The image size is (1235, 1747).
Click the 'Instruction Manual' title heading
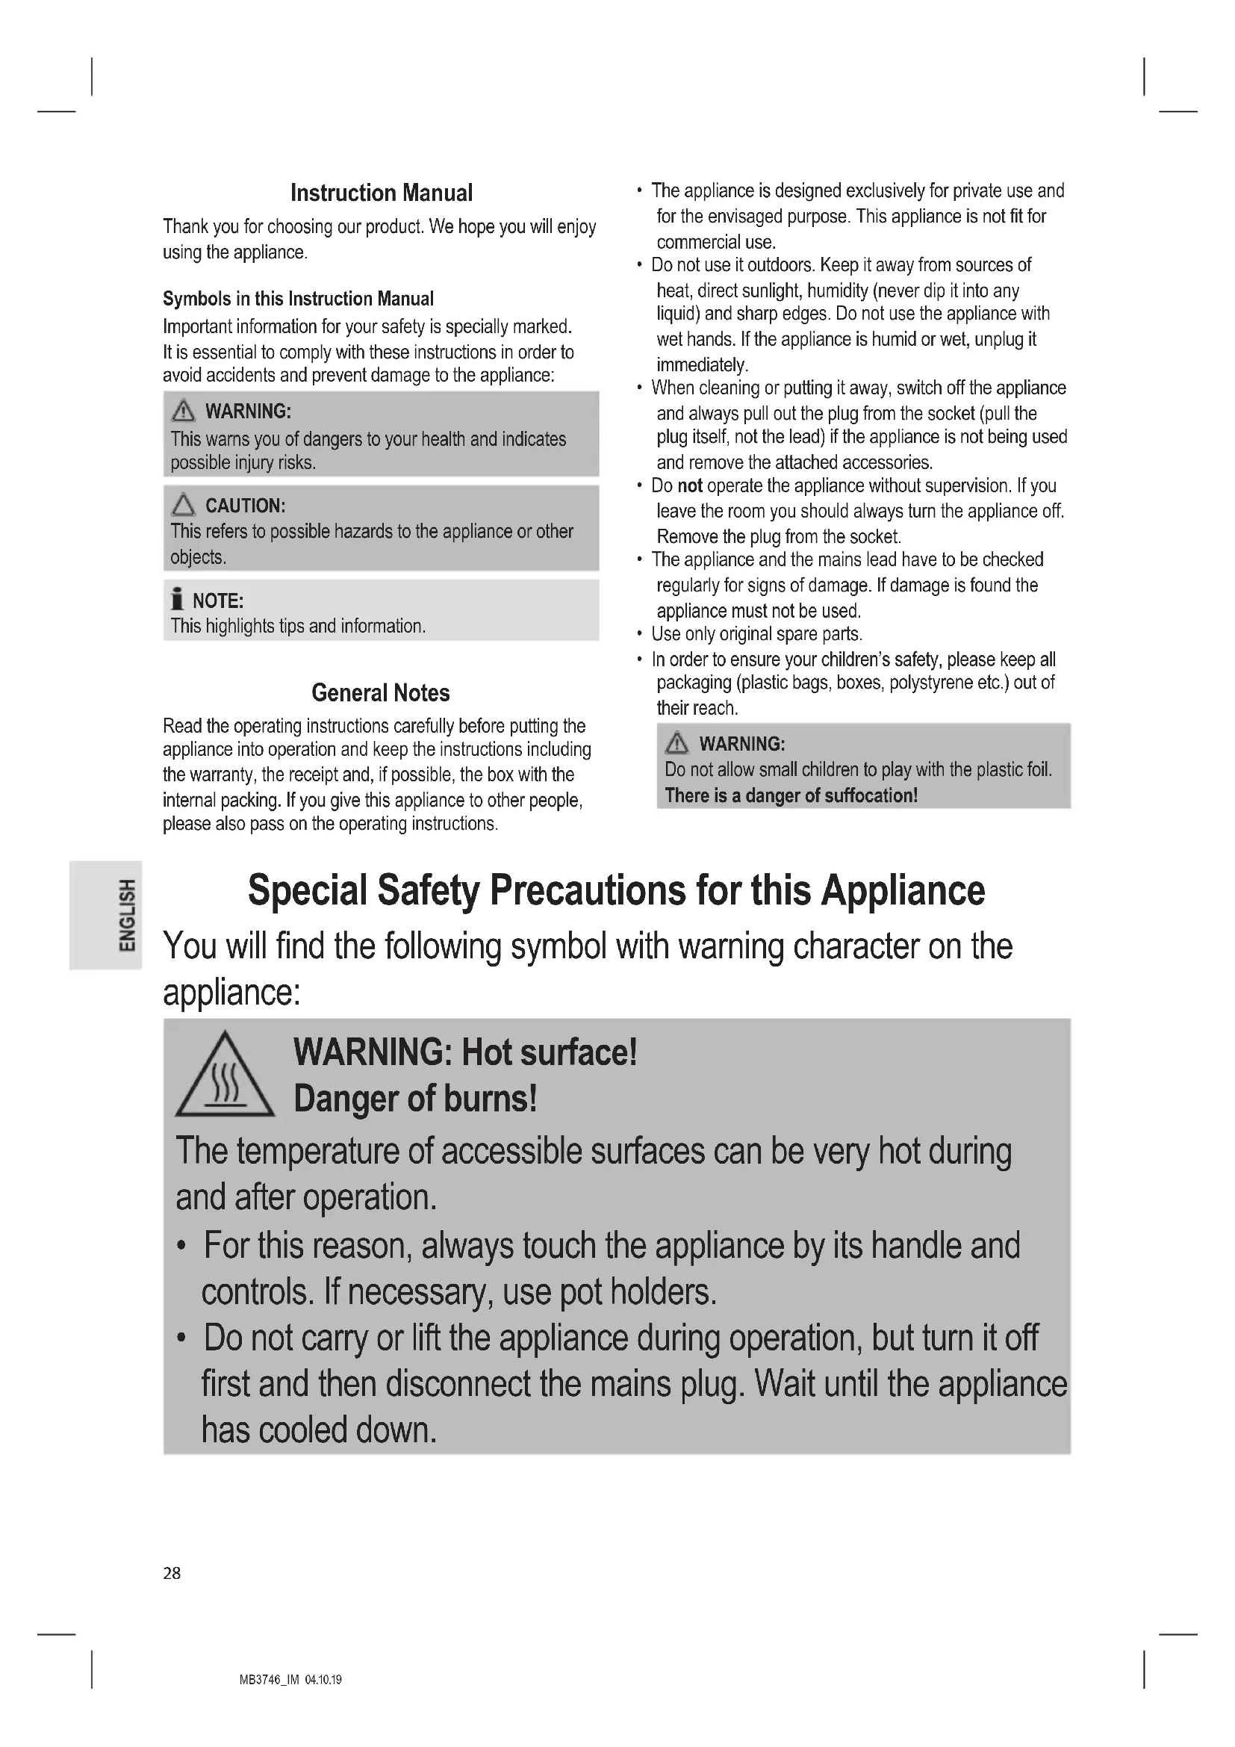click(381, 193)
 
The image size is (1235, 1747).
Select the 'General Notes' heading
click(380, 692)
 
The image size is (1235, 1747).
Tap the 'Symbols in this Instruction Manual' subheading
click(298, 298)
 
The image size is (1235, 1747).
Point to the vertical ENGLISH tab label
click(127, 916)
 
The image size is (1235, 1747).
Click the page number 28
click(172, 1573)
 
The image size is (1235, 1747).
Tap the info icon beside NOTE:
click(177, 600)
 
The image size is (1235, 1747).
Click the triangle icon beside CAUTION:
click(183, 504)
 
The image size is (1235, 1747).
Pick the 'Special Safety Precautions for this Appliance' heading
click(616, 890)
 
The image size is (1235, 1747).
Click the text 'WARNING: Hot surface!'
click(464, 1052)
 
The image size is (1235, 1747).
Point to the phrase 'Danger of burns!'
click(415, 1099)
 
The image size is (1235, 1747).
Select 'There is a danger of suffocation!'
click(791, 795)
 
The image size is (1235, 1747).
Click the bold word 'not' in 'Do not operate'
click(690, 485)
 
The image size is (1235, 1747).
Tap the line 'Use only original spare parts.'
click(756, 634)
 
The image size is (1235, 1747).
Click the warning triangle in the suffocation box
click(676, 742)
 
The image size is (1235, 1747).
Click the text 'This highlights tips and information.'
click(297, 625)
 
